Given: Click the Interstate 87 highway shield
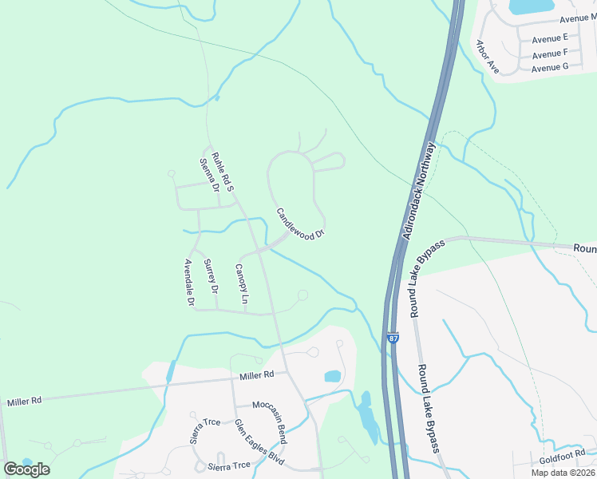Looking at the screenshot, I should pos(393,338).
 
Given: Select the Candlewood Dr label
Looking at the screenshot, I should pos(301,224).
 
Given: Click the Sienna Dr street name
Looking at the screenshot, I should pos(209,176).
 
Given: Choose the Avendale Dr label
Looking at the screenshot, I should pos(190,283).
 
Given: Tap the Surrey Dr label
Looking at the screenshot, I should pos(211,276).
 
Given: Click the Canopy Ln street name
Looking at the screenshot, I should pos(242,284).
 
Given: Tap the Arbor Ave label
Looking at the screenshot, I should pos(487,57).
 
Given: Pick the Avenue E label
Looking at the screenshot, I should pos(550,38).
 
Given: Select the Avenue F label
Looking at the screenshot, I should pos(550,53).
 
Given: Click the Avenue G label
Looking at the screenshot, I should pos(550,68).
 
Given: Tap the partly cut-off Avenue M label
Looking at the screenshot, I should pos(577,18).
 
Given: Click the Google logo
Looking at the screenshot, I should pos(26,469).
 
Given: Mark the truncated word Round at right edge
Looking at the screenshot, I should pos(584,249).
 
